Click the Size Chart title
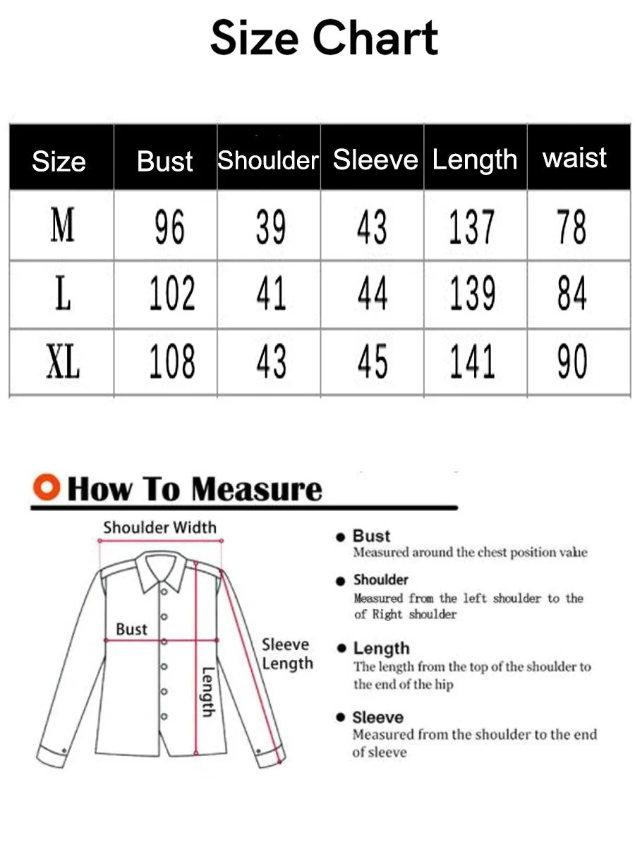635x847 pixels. pyautogui.click(x=324, y=37)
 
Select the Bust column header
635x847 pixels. pyautogui.click(x=165, y=161)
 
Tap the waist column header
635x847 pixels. pyautogui.click(x=574, y=157)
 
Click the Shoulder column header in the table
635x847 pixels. pyautogui.click(x=268, y=160)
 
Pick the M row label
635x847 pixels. pyautogui.click(x=62, y=224)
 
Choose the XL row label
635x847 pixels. pyautogui.click(x=63, y=361)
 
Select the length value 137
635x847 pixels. pyautogui.click(x=472, y=227)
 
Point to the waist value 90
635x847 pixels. pyautogui.click(x=572, y=361)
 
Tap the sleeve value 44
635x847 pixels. pyautogui.click(x=373, y=293)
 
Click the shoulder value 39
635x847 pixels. pyautogui.click(x=271, y=227)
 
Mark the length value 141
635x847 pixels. pyautogui.click(x=472, y=361)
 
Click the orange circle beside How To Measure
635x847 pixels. pyautogui.click(x=47, y=487)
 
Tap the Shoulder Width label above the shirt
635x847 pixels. pyautogui.click(x=160, y=527)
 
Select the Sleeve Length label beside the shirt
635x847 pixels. pyautogui.click(x=287, y=654)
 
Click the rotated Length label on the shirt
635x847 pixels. pyautogui.click(x=209, y=691)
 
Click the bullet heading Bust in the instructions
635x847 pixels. pyautogui.click(x=371, y=536)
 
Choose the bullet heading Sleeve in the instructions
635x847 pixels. pyautogui.click(x=378, y=717)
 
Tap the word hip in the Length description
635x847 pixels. pyautogui.click(x=444, y=685)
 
